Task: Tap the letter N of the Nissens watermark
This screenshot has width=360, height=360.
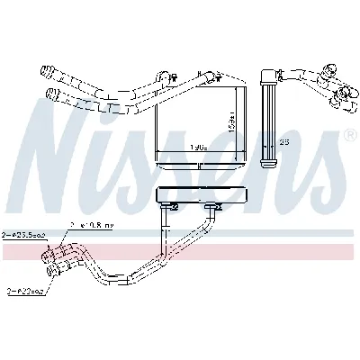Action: click(x=67, y=135)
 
